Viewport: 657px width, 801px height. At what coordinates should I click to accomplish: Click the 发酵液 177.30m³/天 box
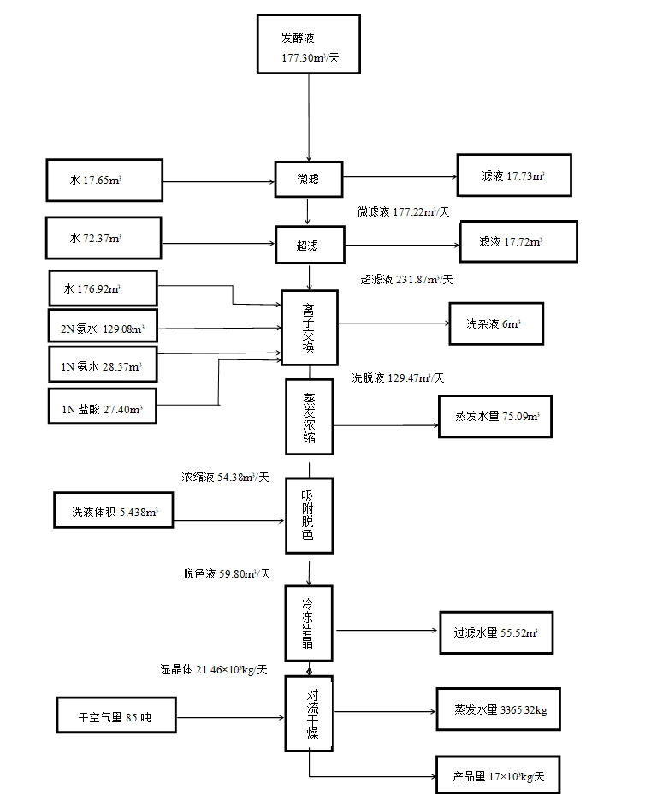click(308, 44)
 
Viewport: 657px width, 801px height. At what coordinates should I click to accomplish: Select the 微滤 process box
click(308, 180)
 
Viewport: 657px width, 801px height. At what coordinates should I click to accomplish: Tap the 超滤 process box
click(308, 245)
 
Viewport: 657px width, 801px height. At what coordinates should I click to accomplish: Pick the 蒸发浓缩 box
click(309, 417)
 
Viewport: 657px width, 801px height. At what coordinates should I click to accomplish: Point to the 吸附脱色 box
click(308, 514)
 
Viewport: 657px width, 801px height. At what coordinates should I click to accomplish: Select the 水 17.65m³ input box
click(104, 181)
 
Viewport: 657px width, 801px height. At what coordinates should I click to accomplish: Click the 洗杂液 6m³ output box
click(495, 323)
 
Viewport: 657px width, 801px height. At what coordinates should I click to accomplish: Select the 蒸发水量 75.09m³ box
click(496, 418)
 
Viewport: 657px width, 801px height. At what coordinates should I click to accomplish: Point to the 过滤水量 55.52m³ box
click(496, 634)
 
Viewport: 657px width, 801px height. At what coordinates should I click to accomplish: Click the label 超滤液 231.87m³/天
click(407, 280)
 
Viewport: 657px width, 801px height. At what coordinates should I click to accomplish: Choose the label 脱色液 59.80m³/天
click(227, 574)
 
